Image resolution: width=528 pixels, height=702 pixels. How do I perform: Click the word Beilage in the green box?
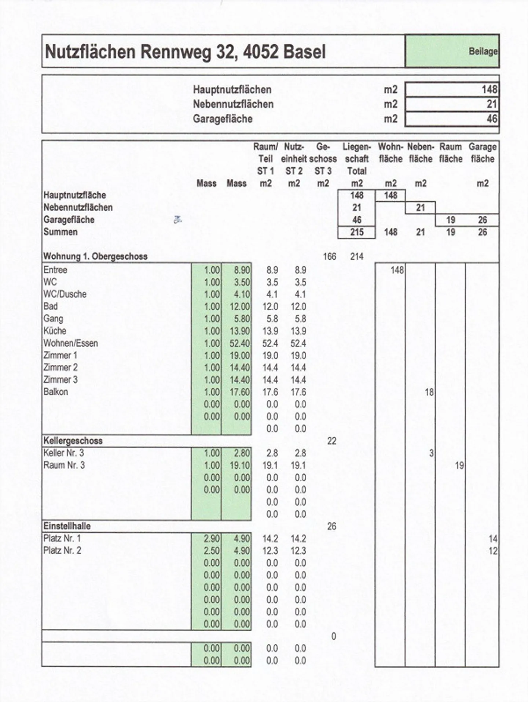pyautogui.click(x=483, y=51)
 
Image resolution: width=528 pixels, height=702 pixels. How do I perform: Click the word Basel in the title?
pyautogui.click(x=304, y=52)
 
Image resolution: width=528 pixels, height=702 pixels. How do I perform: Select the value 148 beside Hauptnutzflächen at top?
pyautogui.click(x=489, y=89)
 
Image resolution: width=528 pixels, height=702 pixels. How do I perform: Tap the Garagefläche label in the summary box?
pyautogui.click(x=223, y=119)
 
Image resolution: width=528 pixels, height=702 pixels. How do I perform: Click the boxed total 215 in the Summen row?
pyautogui.click(x=356, y=232)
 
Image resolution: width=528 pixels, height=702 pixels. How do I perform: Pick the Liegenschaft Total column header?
pyautogui.click(x=356, y=159)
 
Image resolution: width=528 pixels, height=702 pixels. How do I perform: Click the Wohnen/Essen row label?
pyautogui.click(x=71, y=343)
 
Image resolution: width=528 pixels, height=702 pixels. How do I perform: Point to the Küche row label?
pyautogui.click(x=55, y=331)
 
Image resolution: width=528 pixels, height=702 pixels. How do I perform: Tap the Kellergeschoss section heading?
pyautogui.click(x=73, y=441)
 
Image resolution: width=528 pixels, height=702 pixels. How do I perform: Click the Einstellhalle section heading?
pyautogui.click(x=67, y=526)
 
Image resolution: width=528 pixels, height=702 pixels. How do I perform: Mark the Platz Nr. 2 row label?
pyautogui.click(x=62, y=551)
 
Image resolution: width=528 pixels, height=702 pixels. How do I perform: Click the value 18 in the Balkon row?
pyautogui.click(x=429, y=392)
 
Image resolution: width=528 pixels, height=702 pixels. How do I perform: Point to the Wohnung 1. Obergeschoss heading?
pyautogui.click(x=95, y=256)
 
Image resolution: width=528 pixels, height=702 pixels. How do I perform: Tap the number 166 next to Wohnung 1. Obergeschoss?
pyautogui.click(x=329, y=256)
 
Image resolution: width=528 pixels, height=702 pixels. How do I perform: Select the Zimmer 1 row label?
pyautogui.click(x=60, y=356)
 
